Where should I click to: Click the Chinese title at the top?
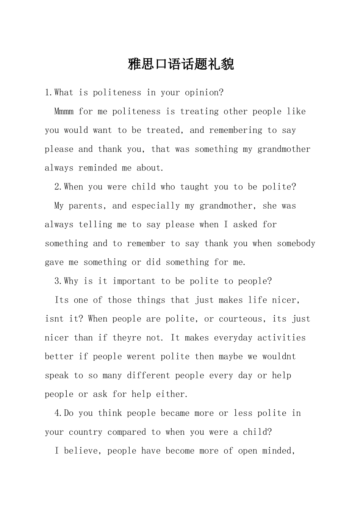(x=181, y=64)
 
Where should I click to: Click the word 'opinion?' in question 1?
(x=204, y=93)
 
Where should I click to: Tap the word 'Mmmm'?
(x=64, y=112)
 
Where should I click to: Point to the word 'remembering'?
(x=235, y=130)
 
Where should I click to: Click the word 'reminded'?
(x=98, y=168)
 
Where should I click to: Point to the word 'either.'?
(x=172, y=395)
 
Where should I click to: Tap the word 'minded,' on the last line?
(x=279, y=451)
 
